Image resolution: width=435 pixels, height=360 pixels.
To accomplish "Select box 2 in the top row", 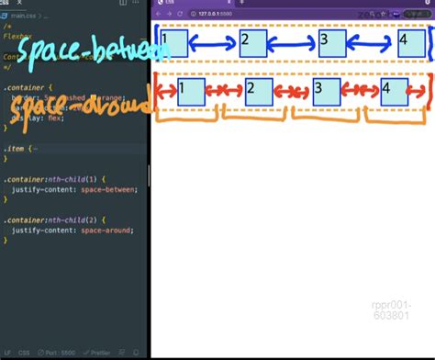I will tap(252, 43).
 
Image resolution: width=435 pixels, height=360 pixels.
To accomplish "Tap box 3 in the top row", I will tap(331, 43).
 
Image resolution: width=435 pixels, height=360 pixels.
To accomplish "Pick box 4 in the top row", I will tap(411, 43).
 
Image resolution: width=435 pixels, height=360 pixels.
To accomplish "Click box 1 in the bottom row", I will tap(191, 91).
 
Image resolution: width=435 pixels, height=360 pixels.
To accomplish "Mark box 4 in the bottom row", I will tap(394, 91).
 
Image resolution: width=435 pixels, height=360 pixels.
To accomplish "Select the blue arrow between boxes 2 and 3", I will tap(292, 43).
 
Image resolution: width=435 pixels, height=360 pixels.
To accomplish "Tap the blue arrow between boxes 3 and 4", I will tap(372, 43).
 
